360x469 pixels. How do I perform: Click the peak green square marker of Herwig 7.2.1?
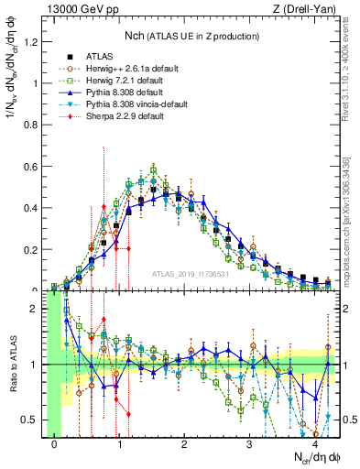153,169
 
